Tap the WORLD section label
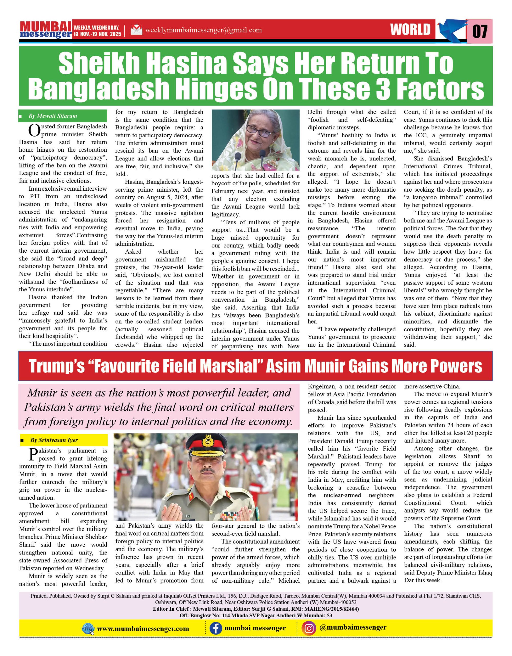pyautogui.click(x=410, y=30)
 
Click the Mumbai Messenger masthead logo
pyautogui.click(x=46, y=30)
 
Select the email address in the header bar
pyautogui.click(x=203, y=30)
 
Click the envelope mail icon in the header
pyautogui.click(x=136, y=30)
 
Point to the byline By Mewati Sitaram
pyautogui.click(x=53, y=116)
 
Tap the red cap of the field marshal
pyautogui.click(x=208, y=442)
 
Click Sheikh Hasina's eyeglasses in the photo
pyautogui.click(x=259, y=131)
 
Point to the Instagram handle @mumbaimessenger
pyautogui.click(x=353, y=628)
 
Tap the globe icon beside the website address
pyautogui.click(x=88, y=629)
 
